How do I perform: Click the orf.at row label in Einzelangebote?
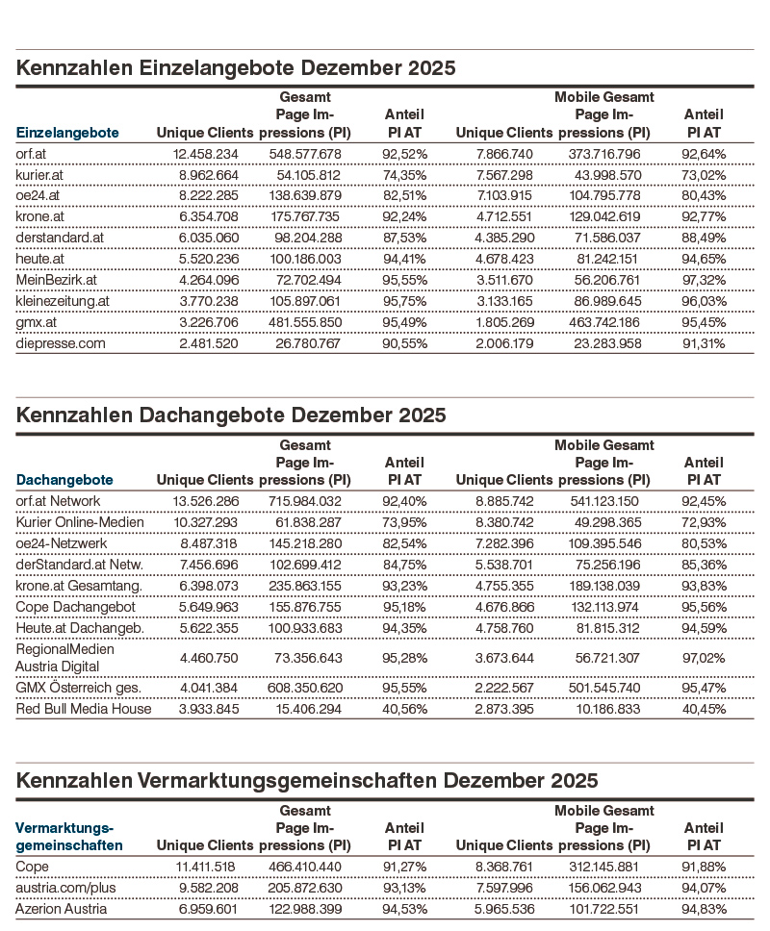pos(35,154)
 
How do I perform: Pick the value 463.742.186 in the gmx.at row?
pos(602,322)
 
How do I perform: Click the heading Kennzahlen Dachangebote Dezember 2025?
pos(231,415)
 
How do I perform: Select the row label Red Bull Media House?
pos(84,709)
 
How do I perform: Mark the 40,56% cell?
pos(405,709)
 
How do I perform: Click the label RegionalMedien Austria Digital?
pos(64,658)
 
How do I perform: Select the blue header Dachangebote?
pos(64,479)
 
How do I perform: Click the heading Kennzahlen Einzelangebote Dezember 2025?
pos(236,69)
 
